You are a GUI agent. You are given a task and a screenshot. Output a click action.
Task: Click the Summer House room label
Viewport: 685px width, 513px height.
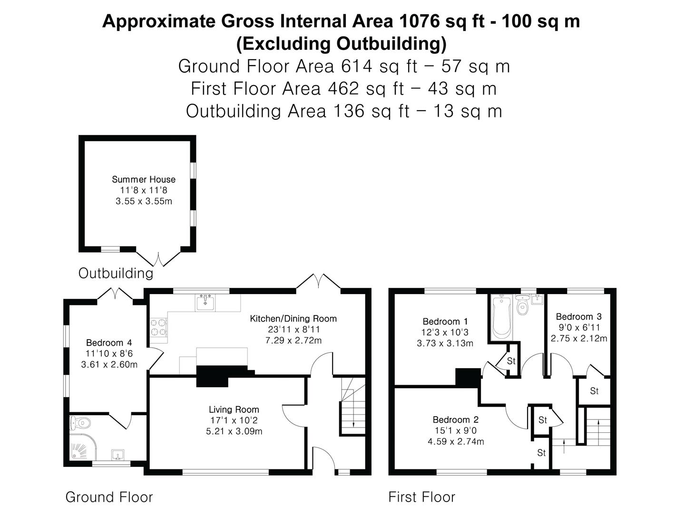pos(144,180)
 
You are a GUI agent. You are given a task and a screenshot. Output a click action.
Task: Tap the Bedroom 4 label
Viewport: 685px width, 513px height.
pos(109,343)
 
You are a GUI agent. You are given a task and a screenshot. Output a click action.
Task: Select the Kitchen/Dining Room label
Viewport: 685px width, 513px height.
pos(294,319)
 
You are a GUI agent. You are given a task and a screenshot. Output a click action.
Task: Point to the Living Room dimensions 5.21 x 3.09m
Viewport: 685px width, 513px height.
pos(234,431)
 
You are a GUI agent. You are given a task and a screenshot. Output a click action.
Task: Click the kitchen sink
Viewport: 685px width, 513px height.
pos(205,302)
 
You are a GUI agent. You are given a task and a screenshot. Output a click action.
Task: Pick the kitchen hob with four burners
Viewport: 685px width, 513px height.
pos(159,327)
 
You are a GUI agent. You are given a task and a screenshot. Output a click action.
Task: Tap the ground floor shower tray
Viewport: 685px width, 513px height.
pos(83,446)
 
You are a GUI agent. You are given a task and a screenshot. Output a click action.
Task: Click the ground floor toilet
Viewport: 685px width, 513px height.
pos(80,423)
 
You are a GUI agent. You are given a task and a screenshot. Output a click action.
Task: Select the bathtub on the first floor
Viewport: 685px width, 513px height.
pos(501,317)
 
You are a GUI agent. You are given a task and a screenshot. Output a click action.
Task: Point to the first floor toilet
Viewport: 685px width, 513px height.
pos(522,305)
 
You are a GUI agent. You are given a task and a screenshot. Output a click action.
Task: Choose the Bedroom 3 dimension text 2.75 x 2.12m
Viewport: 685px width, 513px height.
pos(579,338)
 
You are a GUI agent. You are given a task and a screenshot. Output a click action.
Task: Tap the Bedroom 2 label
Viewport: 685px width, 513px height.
pos(456,420)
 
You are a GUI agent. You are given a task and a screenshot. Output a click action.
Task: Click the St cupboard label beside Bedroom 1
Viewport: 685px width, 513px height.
pos(511,361)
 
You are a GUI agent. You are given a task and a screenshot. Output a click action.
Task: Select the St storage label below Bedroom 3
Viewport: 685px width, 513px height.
pos(594,391)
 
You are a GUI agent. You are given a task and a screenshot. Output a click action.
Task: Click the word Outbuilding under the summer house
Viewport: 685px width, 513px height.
pos(116,274)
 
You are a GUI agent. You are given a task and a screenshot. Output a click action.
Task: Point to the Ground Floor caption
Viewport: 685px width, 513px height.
pos(109,497)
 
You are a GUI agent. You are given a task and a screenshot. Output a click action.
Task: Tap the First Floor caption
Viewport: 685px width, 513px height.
pos(422,497)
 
